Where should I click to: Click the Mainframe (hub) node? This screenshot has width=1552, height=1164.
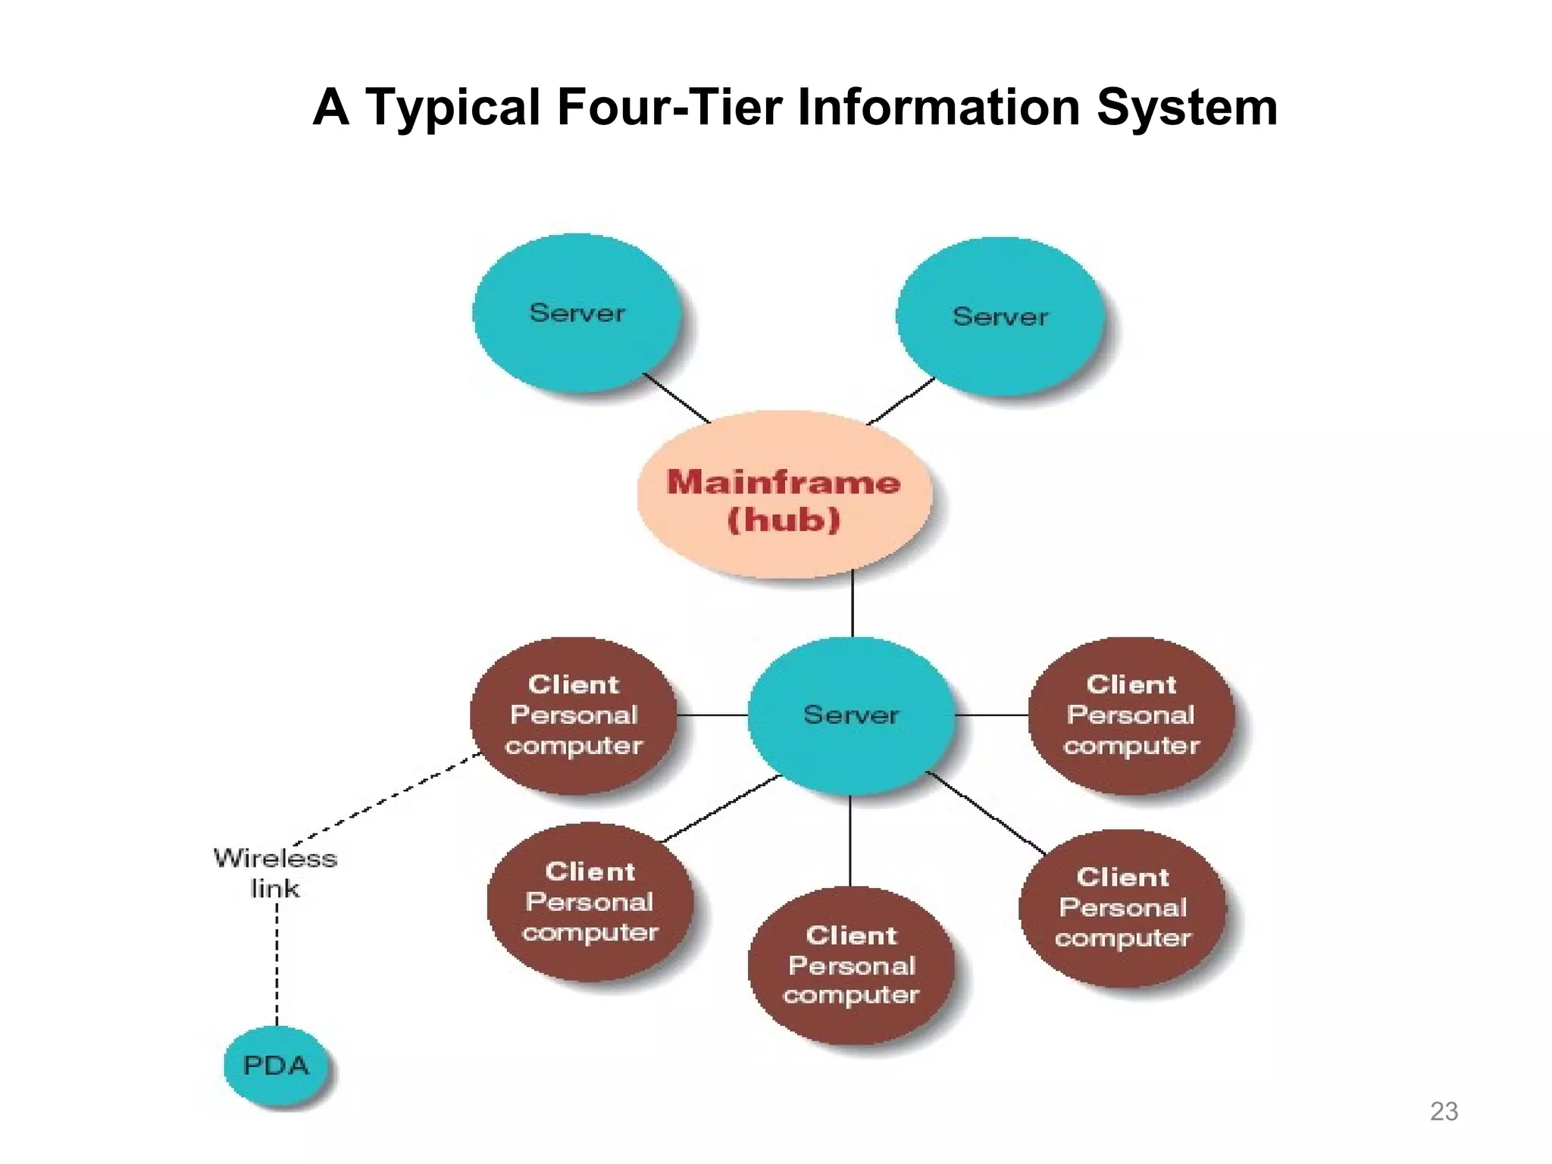coord(784,496)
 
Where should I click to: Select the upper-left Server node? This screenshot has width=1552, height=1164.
coord(577,313)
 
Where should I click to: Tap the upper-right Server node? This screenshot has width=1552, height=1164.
coord(1000,317)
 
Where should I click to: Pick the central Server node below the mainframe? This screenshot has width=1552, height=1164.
coord(851,715)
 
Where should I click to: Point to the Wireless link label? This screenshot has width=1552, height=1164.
coord(275,873)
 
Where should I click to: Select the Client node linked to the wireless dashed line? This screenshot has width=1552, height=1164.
coord(574,715)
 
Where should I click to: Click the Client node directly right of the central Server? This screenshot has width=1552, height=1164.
coord(1131,715)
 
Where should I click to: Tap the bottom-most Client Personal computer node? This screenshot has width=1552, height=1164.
coord(851,965)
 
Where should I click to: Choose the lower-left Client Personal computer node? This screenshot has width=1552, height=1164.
coord(590,902)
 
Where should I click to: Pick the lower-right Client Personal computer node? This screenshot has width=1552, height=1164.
coord(1122,907)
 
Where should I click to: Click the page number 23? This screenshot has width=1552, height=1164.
coord(1444,1111)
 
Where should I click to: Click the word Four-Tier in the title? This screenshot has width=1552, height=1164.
coord(669,107)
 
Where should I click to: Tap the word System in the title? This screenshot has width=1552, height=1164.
coord(1187,107)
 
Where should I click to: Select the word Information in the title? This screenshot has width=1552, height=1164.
coord(939,107)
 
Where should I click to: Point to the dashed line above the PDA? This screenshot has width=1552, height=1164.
coord(277,962)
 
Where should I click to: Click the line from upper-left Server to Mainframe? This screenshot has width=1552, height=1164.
coord(676,398)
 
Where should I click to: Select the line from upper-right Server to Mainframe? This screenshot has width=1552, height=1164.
coord(901,401)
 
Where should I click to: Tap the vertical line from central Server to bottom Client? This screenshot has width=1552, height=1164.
coord(850,841)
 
